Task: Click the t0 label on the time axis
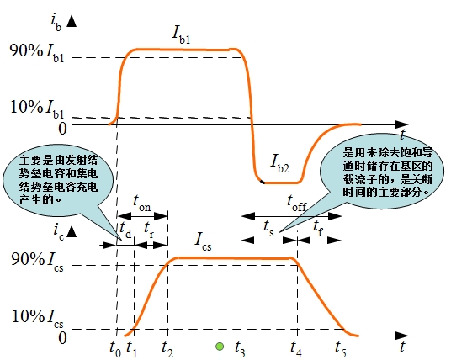coord(115,349)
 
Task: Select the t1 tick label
coord(132,349)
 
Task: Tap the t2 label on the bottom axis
coord(167,349)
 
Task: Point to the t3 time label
coord(240,349)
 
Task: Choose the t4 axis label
coord(296,349)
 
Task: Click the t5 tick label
coord(341,349)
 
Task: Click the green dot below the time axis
coord(220,347)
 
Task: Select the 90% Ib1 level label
coord(37,52)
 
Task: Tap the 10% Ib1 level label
coord(37,109)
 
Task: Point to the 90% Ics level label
coord(37,261)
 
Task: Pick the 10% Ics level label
coord(37,318)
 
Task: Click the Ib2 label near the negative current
coord(280,163)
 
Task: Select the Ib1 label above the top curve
coord(181,34)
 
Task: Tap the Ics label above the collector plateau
coord(203,241)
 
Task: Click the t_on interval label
coord(142,203)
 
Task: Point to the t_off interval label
coord(297,203)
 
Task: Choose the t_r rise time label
coord(149,230)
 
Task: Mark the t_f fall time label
coord(318,228)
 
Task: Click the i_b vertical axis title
coord(56,23)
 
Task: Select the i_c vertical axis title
coord(58,232)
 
